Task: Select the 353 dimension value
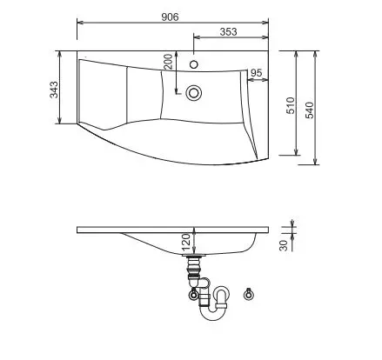click(x=228, y=31)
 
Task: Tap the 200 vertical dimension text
click(x=169, y=63)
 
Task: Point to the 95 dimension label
click(x=256, y=73)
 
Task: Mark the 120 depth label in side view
click(x=186, y=241)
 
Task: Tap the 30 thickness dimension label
click(x=284, y=244)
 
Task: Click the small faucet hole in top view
click(x=195, y=64)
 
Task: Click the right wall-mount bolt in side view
click(x=250, y=293)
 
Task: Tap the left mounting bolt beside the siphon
click(x=193, y=295)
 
